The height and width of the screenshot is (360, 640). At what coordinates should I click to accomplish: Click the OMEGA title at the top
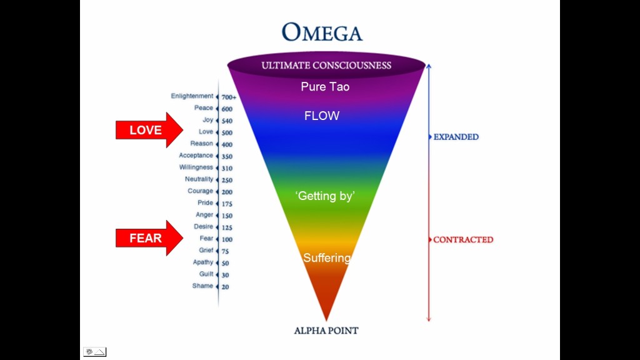321,32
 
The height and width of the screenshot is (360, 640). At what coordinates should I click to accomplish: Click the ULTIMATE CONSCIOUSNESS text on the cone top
326,65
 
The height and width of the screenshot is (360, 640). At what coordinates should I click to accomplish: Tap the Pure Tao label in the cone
325,87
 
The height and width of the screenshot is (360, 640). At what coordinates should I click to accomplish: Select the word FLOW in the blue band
322,116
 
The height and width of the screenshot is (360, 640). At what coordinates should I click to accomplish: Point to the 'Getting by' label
325,196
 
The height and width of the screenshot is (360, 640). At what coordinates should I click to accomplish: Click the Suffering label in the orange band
326,257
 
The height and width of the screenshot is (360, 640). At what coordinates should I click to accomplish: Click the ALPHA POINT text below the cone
326,331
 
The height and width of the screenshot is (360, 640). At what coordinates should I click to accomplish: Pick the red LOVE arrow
149,130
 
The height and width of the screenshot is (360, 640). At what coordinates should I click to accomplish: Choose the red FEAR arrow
149,238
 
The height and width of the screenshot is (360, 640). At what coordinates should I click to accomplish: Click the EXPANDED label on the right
456,137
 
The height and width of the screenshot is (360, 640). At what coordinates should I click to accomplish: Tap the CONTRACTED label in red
463,239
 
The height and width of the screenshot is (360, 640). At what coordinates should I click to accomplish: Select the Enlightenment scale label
192,96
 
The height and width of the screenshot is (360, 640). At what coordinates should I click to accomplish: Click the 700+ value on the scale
229,97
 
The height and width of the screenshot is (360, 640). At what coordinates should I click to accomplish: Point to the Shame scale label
202,286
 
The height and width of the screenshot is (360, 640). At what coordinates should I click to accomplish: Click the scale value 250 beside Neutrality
227,181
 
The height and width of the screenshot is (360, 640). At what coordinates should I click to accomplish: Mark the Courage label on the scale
200,191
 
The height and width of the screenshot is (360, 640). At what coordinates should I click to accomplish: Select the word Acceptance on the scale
196,155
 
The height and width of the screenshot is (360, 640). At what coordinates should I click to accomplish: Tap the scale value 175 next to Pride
227,204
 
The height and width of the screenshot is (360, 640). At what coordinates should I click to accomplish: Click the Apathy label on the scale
202,262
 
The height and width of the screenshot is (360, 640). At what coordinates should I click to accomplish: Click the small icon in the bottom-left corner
94,352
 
